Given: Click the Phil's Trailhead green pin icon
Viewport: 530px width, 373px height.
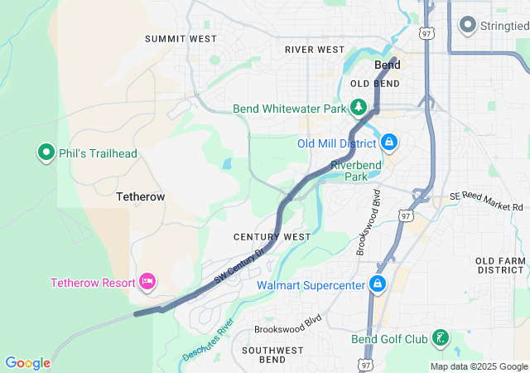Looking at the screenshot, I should pyautogui.click(x=46, y=153).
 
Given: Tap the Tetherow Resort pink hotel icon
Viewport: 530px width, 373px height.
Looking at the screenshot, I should pyautogui.click(x=148, y=282).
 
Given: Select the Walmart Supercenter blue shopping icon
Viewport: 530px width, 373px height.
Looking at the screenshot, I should pyautogui.click(x=378, y=285).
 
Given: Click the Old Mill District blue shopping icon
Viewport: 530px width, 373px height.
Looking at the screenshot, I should pyautogui.click(x=388, y=143).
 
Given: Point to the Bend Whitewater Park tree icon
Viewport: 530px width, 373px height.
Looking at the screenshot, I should pyautogui.click(x=358, y=108).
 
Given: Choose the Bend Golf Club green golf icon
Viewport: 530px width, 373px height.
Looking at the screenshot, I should pyautogui.click(x=441, y=338).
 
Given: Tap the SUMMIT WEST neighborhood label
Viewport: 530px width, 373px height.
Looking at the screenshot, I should pyautogui.click(x=181, y=39).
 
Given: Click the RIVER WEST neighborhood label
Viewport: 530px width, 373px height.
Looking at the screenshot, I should pyautogui.click(x=314, y=50).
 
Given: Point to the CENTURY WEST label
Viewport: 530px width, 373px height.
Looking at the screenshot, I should pyautogui.click(x=272, y=237).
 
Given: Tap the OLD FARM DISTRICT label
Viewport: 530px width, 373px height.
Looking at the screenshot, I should pyautogui.click(x=500, y=265).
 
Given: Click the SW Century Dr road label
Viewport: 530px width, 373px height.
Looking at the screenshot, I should pyautogui.click(x=239, y=266).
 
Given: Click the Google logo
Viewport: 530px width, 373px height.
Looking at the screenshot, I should pyautogui.click(x=27, y=363).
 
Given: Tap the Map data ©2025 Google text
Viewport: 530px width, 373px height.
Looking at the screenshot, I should pyautogui.click(x=479, y=366).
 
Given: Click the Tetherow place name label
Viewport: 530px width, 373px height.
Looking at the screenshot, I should pyautogui.click(x=140, y=196).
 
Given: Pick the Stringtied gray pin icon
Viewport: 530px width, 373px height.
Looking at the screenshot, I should pyautogui.click(x=467, y=25).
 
